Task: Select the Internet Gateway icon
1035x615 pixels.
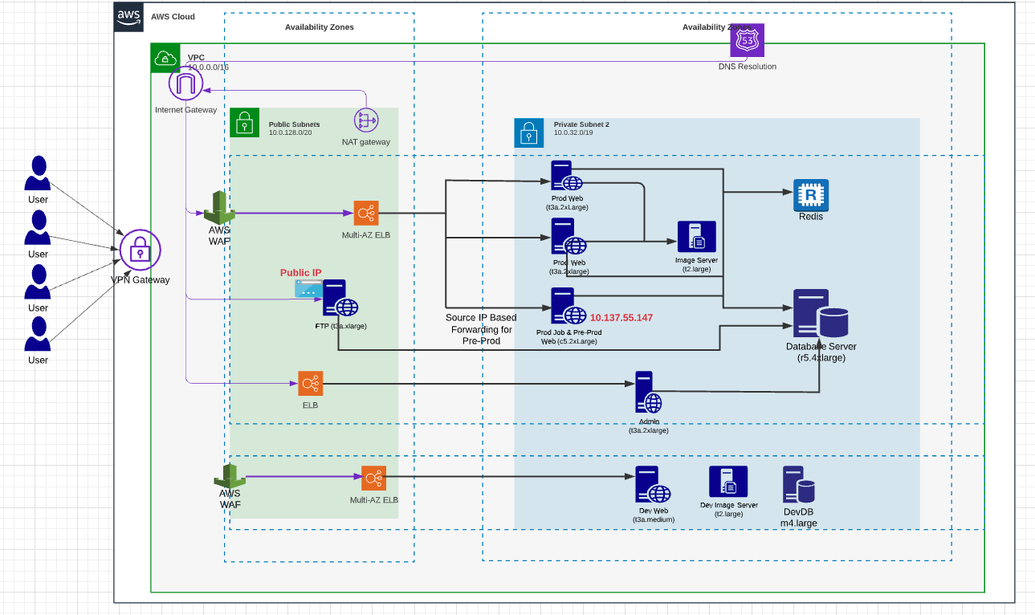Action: (x=185, y=84)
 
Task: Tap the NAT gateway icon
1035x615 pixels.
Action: (x=366, y=120)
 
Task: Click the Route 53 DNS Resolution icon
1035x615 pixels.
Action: (x=747, y=40)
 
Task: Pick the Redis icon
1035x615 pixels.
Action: (x=810, y=194)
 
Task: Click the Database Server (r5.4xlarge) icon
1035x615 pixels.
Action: (x=821, y=314)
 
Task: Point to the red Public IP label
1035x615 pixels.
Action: (x=300, y=273)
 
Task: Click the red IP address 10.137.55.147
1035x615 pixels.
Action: (x=621, y=318)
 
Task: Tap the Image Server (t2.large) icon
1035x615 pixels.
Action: (x=696, y=238)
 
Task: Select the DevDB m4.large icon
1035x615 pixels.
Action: (x=799, y=485)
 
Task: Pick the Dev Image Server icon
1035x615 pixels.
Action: (x=727, y=482)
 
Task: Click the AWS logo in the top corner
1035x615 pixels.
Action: (x=128, y=16)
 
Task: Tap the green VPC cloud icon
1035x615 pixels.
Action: (x=165, y=58)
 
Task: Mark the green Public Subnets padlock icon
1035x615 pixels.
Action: (x=244, y=122)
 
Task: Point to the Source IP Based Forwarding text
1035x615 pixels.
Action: (x=481, y=329)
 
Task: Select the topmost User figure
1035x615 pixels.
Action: (x=38, y=173)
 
